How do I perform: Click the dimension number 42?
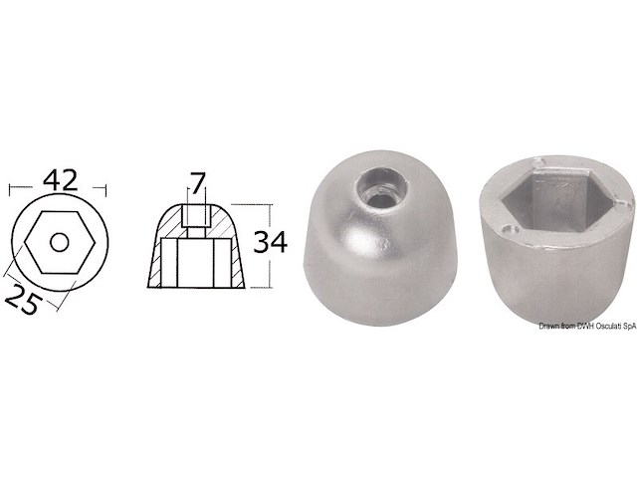[57, 181]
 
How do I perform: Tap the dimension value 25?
[27, 300]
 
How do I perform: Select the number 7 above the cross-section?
[197, 183]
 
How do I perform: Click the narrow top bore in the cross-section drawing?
[197, 217]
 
